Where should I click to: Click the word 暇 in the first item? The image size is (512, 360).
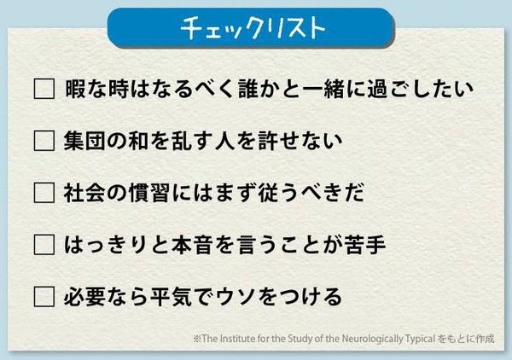click(75, 89)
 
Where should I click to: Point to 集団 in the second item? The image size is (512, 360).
click(87, 141)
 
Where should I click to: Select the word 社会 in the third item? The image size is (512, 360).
click(87, 193)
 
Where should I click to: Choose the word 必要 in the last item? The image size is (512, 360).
click(87, 297)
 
